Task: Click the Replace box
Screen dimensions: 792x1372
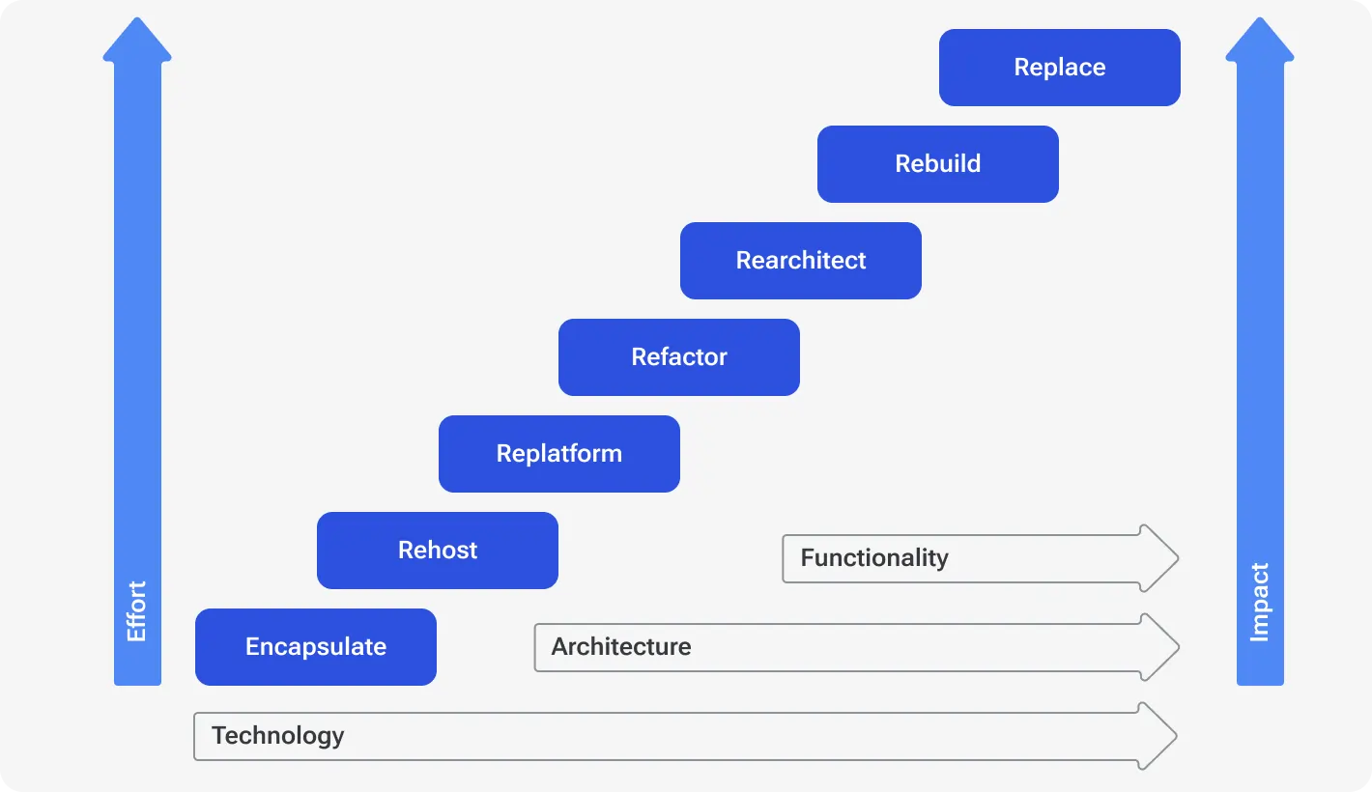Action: [x=1059, y=68]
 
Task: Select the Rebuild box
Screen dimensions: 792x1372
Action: [x=937, y=164]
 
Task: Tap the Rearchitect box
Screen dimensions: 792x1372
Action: [x=800, y=261]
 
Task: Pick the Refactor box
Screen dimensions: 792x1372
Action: [x=678, y=357]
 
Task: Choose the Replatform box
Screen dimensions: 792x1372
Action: [x=558, y=454]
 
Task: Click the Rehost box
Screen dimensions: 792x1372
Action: [x=437, y=551]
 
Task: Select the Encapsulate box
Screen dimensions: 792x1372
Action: [x=315, y=647]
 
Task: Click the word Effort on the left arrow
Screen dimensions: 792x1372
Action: [x=137, y=610]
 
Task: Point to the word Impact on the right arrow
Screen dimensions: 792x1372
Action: [x=1259, y=602]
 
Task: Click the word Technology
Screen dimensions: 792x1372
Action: [x=277, y=736]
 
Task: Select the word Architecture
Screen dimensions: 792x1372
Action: [x=620, y=647]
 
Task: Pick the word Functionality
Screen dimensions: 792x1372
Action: [x=873, y=558]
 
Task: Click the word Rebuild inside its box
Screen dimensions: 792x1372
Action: [x=937, y=164]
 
